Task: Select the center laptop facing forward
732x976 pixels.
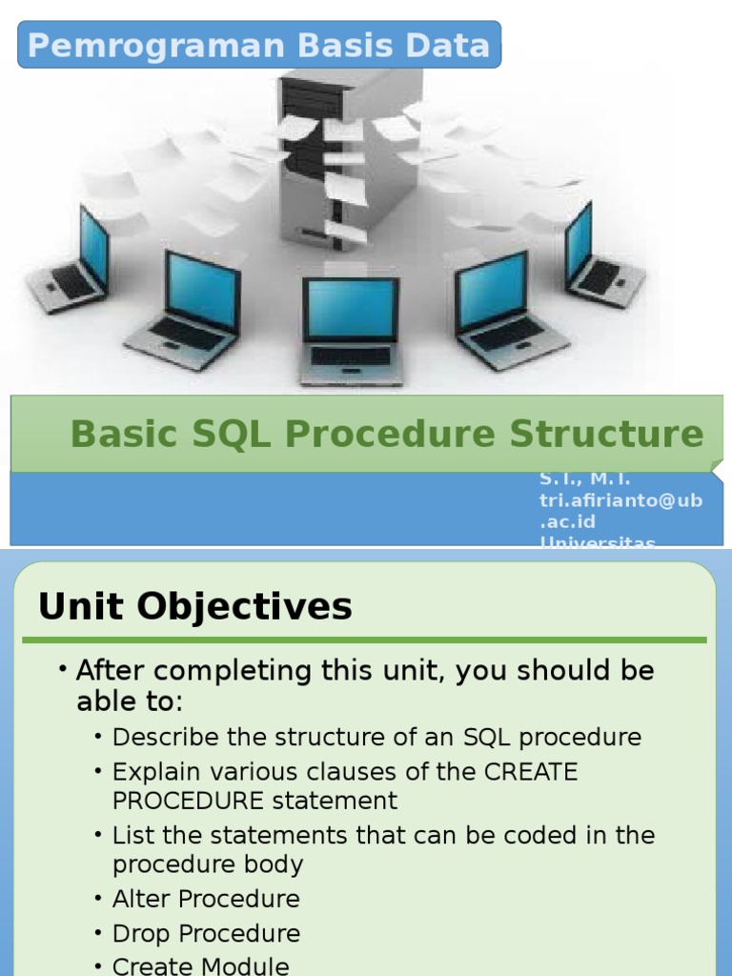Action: pos(351,330)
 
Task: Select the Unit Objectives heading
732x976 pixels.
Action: pos(194,606)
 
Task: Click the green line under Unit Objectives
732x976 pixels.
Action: pos(372,640)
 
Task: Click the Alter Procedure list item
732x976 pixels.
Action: pos(206,899)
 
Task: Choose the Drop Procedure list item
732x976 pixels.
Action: pos(206,933)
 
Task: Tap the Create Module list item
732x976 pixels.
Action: pos(200,966)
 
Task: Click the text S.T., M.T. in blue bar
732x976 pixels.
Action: pos(584,479)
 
